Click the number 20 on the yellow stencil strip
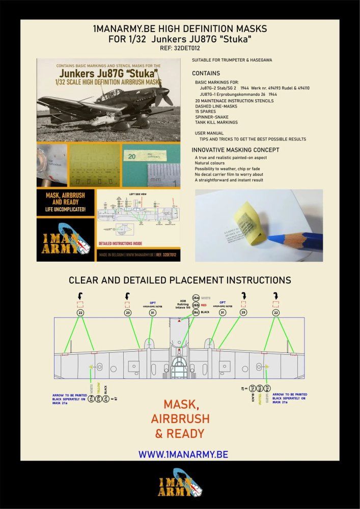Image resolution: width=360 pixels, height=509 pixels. pos(131,157)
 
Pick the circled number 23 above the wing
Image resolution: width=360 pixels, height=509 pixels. pos(127,313)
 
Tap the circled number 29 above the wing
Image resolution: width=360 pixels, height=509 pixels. pos(243,313)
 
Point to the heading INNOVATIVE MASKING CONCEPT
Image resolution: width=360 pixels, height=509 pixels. pos(235,150)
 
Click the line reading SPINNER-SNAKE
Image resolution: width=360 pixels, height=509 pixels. pos(212,117)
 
